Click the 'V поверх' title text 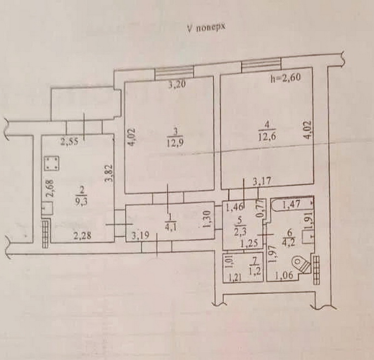[x=206, y=28]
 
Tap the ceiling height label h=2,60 [x=285, y=78]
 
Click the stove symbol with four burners [x=52, y=163]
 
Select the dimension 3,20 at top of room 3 [x=177, y=85]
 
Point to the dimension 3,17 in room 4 [x=262, y=181]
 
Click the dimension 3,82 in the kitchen [x=109, y=173]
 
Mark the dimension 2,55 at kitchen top [x=69, y=142]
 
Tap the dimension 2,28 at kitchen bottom [x=82, y=236]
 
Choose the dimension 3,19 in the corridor [x=140, y=236]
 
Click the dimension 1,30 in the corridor [x=207, y=219]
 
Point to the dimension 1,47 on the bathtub [x=291, y=205]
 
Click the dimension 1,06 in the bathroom [x=284, y=276]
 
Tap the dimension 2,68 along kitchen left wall [x=51, y=188]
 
